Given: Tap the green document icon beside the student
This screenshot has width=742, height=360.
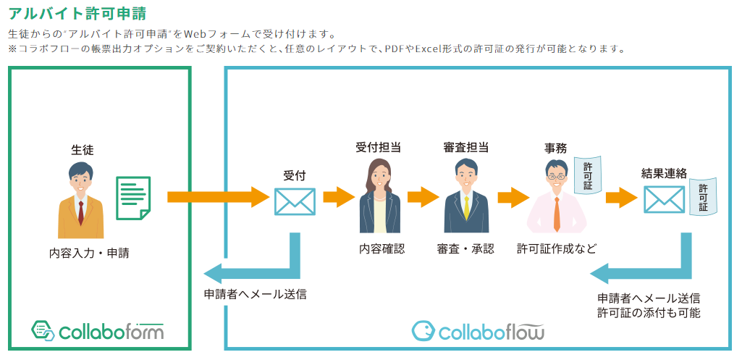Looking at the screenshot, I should click(133, 196).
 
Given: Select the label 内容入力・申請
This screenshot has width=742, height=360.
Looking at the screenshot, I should click(89, 253).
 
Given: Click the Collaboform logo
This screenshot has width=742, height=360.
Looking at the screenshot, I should click(98, 331).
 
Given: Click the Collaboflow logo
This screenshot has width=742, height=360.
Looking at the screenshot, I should click(478, 331).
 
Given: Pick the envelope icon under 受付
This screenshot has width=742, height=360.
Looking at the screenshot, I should click(295, 201).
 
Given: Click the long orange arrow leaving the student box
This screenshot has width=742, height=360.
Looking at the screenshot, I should click(217, 196).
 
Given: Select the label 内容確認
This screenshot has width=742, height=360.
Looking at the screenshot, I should click(381, 248).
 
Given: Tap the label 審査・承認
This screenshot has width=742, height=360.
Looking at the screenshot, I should click(465, 248).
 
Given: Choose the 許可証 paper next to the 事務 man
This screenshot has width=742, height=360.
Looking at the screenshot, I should click(587, 176).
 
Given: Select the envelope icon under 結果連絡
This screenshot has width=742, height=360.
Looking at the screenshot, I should click(664, 199).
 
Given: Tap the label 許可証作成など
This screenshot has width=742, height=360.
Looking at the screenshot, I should click(557, 248).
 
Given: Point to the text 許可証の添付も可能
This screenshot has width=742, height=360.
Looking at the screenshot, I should click(649, 313).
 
